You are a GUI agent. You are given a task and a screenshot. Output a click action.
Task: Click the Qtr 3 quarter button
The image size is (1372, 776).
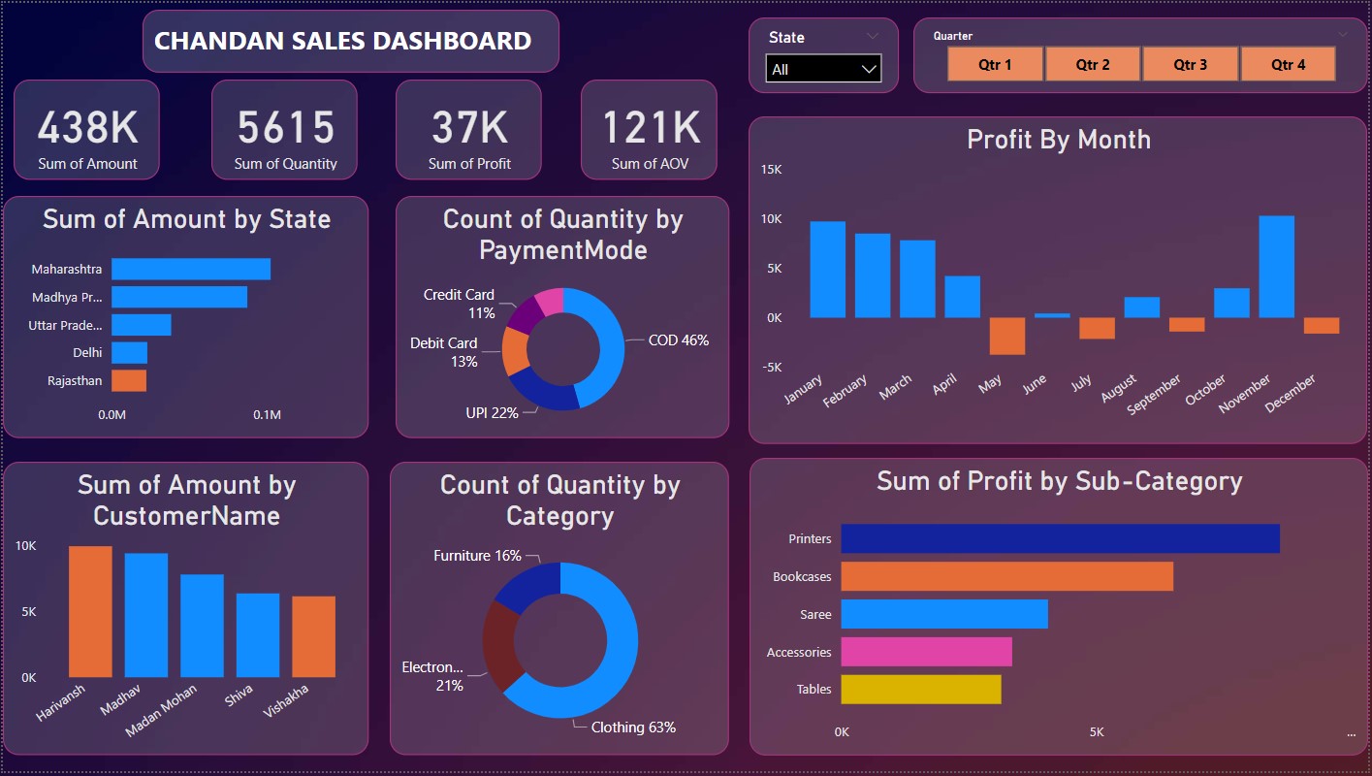point(1190,65)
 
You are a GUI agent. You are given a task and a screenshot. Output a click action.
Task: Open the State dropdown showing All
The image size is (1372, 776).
point(823,70)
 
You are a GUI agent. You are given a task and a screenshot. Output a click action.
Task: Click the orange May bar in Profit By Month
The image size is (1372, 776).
point(1006,336)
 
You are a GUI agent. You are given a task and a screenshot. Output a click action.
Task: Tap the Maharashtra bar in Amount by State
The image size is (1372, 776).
point(190,269)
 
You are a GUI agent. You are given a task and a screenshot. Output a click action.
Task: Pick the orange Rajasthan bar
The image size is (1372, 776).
point(129,380)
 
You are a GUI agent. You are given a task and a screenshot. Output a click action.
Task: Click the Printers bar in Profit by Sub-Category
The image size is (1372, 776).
point(1060,538)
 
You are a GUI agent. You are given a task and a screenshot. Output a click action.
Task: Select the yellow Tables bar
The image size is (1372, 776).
point(920,690)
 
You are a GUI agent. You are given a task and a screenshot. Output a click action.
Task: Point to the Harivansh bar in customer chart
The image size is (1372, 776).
point(90,611)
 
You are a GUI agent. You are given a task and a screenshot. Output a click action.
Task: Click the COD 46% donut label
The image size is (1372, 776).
point(679,340)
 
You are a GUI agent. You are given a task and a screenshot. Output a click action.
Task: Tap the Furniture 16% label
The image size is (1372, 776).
point(477,556)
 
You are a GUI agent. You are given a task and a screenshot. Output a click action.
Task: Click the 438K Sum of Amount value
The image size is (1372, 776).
point(87,128)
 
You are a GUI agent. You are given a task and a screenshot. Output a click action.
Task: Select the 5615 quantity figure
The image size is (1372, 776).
point(285,128)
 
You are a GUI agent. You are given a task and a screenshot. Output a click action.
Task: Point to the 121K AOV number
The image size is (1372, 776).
point(650,128)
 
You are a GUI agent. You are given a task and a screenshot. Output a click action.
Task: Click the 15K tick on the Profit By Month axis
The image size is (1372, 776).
point(771,170)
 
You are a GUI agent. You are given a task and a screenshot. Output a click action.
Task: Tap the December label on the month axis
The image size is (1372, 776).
point(1292,393)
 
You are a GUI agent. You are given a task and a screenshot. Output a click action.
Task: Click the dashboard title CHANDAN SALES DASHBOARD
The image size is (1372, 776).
point(342,41)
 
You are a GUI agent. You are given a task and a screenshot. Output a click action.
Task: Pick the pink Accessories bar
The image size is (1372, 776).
point(926,652)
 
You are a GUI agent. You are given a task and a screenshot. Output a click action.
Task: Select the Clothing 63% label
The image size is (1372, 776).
point(633,727)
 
